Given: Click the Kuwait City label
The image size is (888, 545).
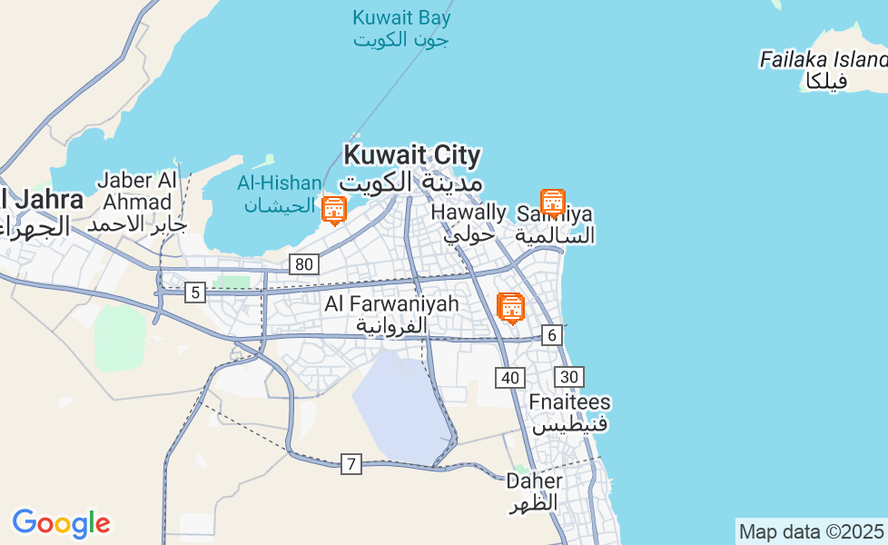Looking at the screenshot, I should coord(412,168).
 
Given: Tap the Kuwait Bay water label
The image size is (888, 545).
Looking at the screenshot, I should coord(401,28).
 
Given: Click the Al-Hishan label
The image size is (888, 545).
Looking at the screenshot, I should coord(280,193).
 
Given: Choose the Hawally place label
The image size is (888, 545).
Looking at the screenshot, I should coord(469,223).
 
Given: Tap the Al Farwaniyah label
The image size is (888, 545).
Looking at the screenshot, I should coord(391,314).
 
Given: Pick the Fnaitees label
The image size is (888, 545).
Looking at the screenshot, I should coord(570,413).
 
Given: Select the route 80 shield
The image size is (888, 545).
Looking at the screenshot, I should coord(304,264).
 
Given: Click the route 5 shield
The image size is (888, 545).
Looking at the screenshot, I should coord(195,292).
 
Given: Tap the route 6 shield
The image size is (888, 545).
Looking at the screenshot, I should coord(552,335).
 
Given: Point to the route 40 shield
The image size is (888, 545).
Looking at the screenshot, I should coord(510,377).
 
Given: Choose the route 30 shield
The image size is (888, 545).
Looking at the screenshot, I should coord(569,377).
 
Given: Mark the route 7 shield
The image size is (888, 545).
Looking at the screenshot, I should coord(351,464).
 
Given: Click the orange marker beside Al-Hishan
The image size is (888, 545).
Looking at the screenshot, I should coord(334,210).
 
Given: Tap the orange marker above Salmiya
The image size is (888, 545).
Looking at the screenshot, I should coord(553,202).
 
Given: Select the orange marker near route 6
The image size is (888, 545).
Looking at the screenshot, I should coord(511,308).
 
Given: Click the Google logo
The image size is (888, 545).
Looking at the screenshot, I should coord(61,523).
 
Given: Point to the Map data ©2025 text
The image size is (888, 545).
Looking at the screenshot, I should coord(811,531).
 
